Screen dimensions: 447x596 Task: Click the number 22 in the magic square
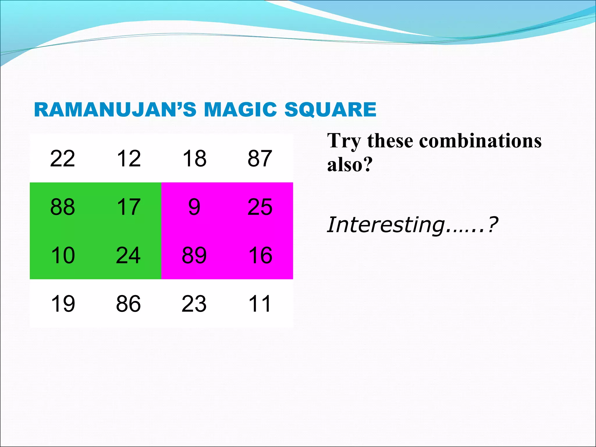[63, 159]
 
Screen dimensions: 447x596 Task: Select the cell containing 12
[129, 159]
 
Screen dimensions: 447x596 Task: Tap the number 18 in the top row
[194, 159]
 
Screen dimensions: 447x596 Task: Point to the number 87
[260, 159]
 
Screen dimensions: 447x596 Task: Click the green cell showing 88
[63, 207]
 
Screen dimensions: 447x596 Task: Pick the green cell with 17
[129, 207]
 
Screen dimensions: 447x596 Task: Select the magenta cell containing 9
[194, 207]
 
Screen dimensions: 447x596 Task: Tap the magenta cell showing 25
[260, 207]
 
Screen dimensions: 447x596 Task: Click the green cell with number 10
[63, 255]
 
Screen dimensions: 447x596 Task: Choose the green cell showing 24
[129, 255]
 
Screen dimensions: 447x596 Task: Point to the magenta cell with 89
[194, 255]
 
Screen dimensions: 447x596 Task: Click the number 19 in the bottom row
[63, 304]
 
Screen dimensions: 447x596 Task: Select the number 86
[129, 304]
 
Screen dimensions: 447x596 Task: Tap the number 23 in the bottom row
[194, 304]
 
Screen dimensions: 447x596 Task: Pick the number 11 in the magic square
[260, 304]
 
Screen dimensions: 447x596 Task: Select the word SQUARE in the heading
[330, 110]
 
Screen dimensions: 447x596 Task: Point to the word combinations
[480, 141]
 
